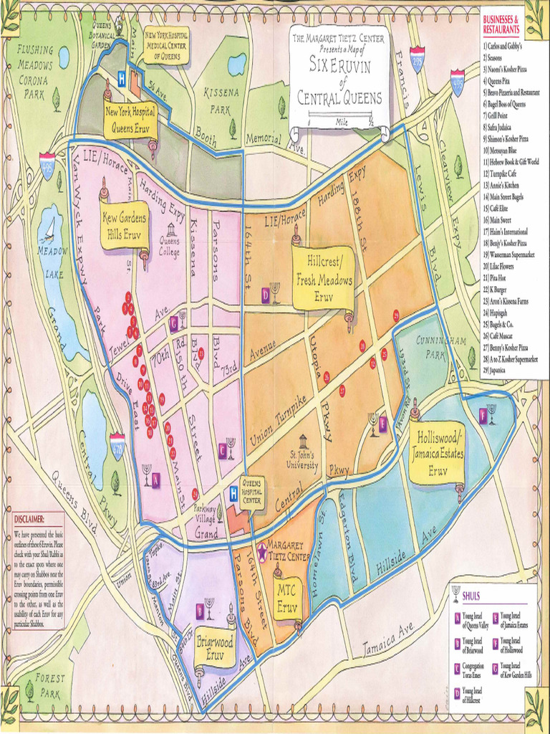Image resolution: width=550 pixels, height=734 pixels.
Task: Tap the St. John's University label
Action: click(303, 458)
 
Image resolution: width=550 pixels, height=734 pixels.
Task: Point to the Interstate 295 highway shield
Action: click(417, 55)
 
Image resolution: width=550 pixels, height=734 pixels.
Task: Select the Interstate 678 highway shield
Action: click(117, 445)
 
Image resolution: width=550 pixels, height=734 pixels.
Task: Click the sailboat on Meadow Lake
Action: click(49, 229)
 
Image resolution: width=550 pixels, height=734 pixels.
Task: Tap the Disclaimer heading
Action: click(29, 519)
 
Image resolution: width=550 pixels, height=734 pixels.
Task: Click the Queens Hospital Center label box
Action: click(251, 492)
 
